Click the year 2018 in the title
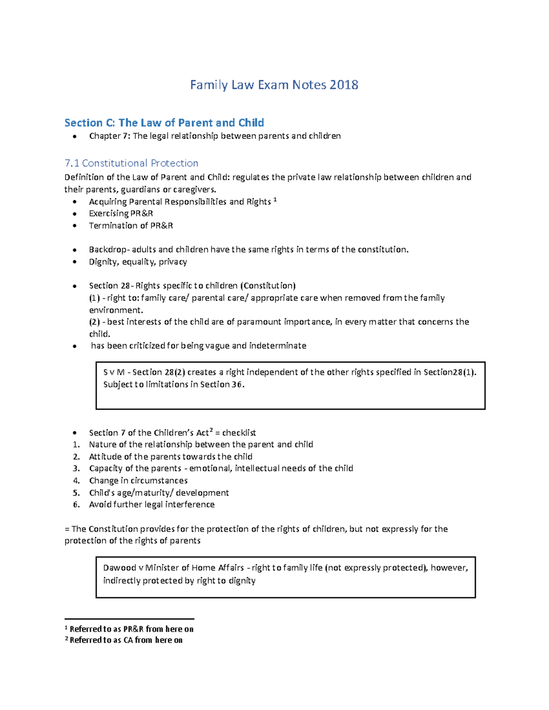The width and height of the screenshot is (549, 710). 344,85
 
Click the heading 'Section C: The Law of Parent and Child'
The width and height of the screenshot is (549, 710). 164,123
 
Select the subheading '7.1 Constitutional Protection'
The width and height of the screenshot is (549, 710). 131,163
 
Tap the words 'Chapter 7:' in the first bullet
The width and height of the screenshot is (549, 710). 109,136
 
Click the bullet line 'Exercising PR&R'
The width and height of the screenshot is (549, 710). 121,214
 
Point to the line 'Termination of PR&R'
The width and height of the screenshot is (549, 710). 131,225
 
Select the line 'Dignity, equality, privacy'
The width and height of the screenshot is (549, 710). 138,262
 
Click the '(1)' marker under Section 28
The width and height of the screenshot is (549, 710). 94,298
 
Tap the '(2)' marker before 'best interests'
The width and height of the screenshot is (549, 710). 94,322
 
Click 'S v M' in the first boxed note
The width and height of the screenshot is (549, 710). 114,372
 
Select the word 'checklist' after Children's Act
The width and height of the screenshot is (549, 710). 239,432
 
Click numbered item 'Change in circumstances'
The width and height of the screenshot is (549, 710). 138,480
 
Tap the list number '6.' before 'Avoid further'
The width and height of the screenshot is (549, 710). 76,505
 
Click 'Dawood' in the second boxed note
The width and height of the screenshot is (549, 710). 119,568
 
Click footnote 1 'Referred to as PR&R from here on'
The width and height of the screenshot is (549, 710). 131,629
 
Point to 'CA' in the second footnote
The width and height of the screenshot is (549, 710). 128,640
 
